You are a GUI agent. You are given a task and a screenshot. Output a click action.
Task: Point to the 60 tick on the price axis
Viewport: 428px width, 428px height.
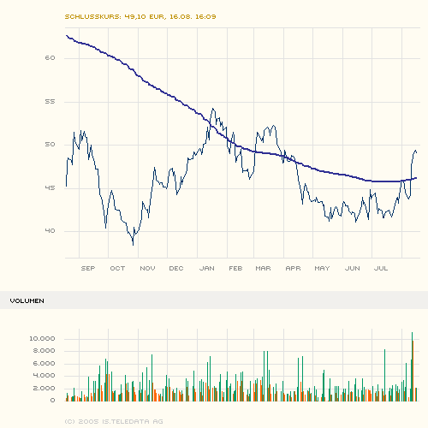50,58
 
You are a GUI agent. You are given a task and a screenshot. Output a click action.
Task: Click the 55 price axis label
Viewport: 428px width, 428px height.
50,101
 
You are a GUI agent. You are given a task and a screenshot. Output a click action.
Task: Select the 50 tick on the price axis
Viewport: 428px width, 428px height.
50,145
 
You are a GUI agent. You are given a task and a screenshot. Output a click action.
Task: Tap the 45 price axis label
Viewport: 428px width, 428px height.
50,188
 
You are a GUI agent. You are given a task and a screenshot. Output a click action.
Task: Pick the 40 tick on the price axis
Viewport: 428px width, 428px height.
50,231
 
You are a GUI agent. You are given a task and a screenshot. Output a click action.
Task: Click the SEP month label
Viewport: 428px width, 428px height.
87,268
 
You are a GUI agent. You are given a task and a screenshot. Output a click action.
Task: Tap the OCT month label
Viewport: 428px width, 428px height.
117,268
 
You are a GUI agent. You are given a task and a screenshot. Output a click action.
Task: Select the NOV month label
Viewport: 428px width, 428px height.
146,268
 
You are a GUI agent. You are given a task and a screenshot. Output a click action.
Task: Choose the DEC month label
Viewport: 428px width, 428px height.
176,268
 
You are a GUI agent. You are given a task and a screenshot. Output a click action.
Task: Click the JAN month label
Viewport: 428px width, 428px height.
206,268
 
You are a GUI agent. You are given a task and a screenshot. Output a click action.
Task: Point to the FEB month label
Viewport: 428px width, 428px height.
235,268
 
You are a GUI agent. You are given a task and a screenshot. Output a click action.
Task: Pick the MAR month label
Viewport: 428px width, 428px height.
263,268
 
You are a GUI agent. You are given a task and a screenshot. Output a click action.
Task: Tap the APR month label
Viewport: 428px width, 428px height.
293,268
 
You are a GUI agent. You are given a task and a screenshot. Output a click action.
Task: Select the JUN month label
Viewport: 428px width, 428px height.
352,268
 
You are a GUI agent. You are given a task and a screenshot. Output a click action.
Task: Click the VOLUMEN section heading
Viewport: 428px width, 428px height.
27,301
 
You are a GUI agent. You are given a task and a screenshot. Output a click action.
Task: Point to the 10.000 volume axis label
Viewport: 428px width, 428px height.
42,339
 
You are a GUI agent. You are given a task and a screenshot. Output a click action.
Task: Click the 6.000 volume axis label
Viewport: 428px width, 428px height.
45,364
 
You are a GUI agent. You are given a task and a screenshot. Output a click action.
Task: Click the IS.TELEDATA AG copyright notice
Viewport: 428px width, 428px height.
114,421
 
